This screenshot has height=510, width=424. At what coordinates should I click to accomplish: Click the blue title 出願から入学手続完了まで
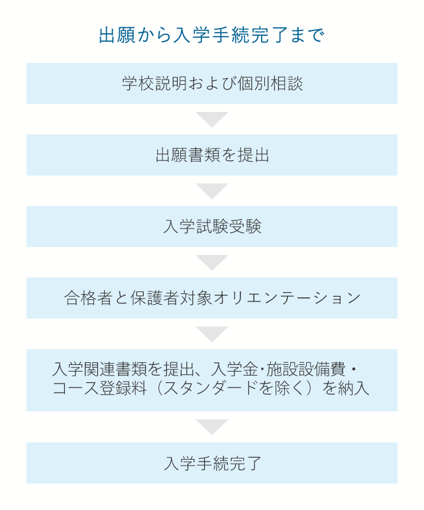tap(211, 35)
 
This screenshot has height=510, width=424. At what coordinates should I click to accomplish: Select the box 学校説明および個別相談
tap(212, 83)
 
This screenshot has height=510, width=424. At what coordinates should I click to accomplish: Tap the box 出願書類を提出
tap(212, 155)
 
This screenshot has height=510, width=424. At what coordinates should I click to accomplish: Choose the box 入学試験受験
tap(212, 227)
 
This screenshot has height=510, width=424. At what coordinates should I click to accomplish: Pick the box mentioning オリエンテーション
tap(212, 298)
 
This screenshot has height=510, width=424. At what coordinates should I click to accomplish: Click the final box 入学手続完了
tap(212, 463)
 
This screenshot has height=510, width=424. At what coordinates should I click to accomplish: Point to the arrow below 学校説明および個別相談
tap(212, 119)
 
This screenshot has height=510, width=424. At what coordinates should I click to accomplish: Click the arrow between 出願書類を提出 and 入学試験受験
tap(212, 191)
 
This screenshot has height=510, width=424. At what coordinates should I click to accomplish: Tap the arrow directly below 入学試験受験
tap(212, 262)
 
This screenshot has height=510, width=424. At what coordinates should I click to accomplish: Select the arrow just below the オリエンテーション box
tap(212, 334)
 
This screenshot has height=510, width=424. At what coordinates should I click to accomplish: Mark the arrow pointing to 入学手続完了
tap(212, 427)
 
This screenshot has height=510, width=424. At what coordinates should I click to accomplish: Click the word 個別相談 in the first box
tap(270, 83)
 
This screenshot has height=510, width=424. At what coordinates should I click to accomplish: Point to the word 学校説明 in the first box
tap(154, 83)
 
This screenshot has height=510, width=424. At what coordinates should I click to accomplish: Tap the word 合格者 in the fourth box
tap(88, 298)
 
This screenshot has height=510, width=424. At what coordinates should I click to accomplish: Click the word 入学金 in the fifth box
tap(235, 370)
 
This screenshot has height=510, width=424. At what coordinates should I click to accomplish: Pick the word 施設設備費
tap(306, 370)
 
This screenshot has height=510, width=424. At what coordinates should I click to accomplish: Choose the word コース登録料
tap(99, 388)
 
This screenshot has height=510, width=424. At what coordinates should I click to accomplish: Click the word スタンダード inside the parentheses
tap(210, 388)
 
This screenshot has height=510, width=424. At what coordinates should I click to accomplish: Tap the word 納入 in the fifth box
tap(354, 388)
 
